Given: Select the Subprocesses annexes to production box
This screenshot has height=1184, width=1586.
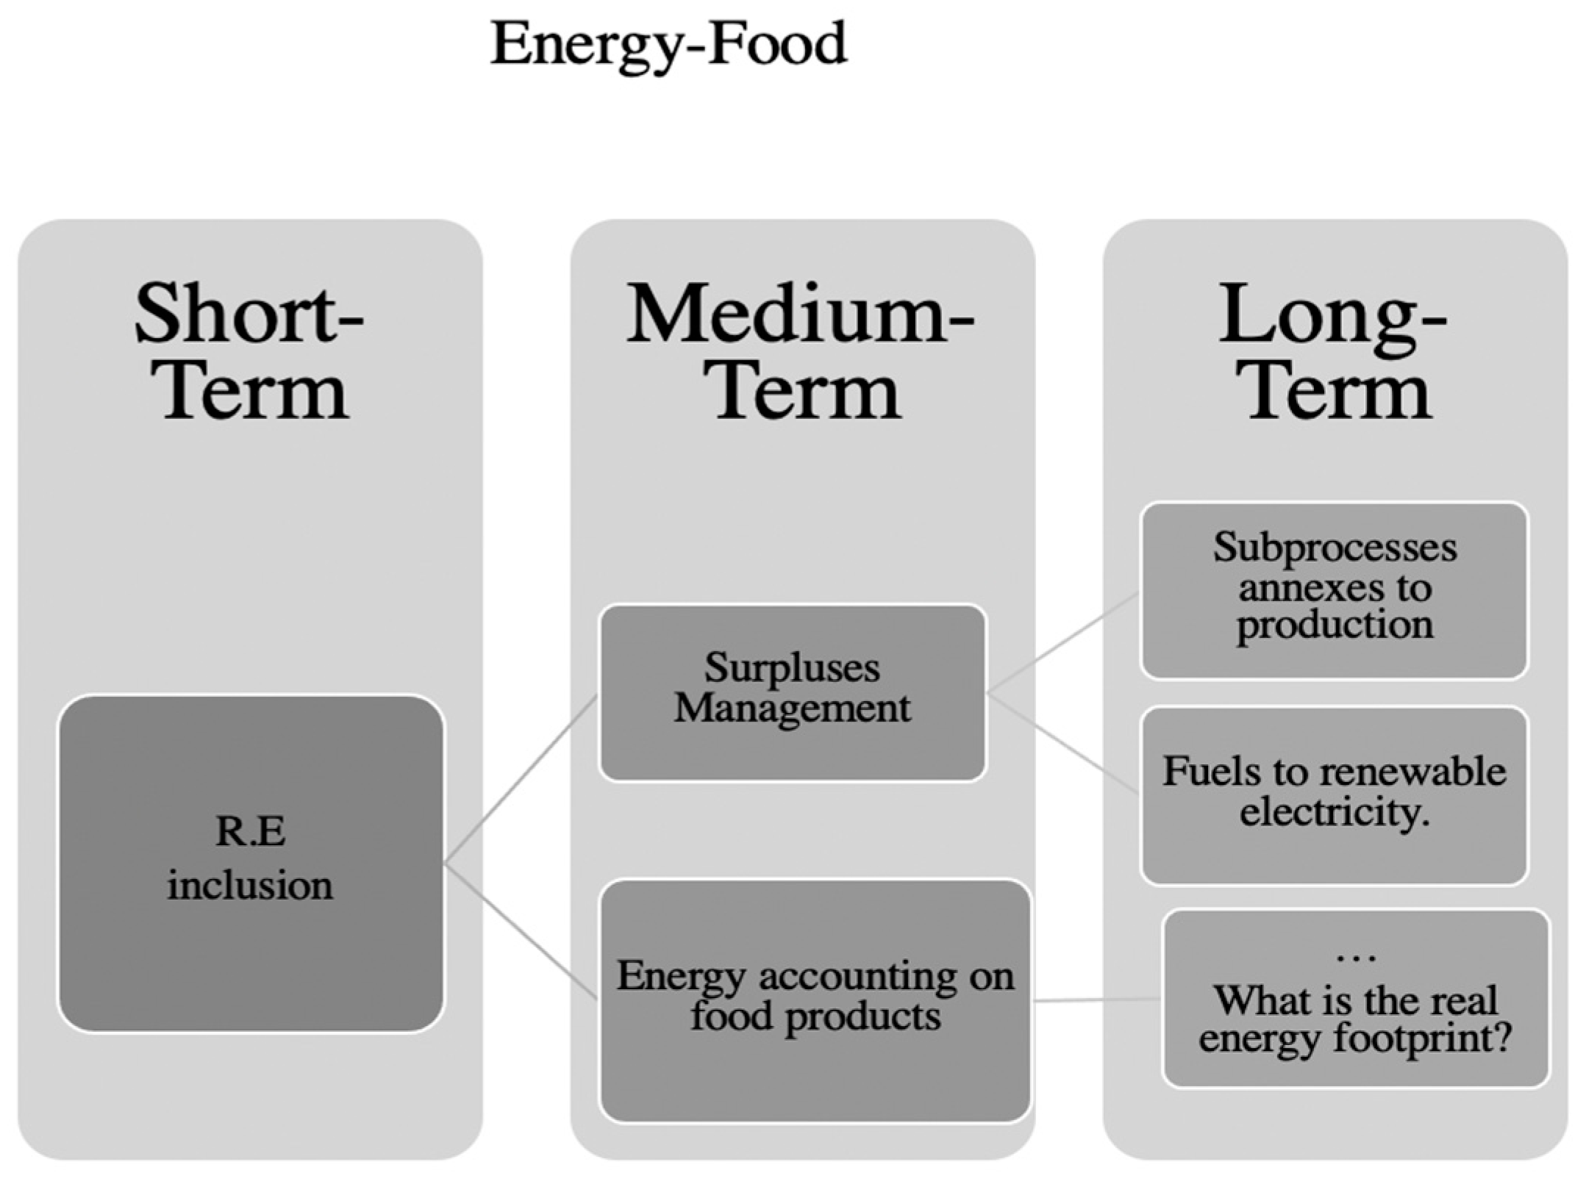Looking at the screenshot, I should tap(1334, 589).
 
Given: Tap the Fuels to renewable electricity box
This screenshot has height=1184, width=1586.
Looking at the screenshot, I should tap(1334, 794).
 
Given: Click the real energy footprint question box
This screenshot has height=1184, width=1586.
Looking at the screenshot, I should tap(1355, 997).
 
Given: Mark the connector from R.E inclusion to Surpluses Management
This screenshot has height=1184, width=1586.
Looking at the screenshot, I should tap(521, 779).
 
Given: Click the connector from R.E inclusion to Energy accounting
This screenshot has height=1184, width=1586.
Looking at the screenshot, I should tap(521, 930).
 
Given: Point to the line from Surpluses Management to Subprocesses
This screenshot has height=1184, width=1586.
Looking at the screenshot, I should tap(1062, 643).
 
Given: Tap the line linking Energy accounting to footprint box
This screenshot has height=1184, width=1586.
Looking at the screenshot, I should tap(1096, 1000).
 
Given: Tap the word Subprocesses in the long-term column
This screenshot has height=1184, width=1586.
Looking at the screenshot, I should tap(1334, 548).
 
